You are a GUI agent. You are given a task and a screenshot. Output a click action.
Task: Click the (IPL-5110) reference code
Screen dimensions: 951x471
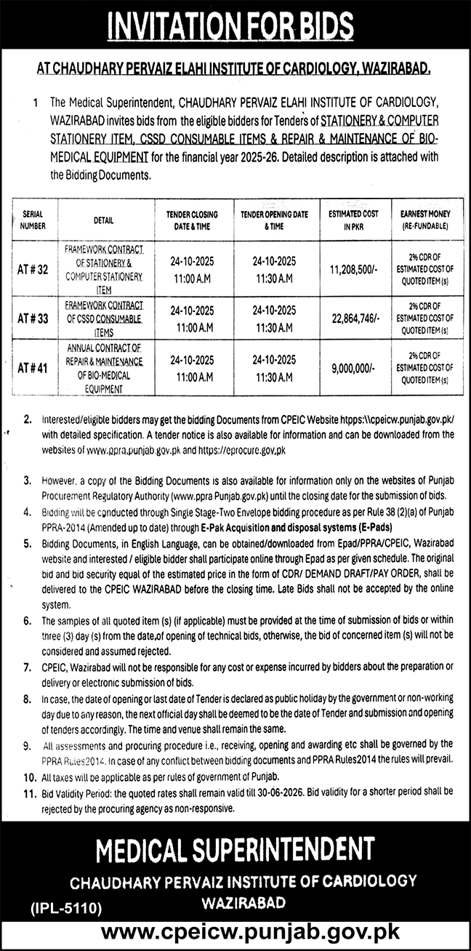click(x=65, y=907)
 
